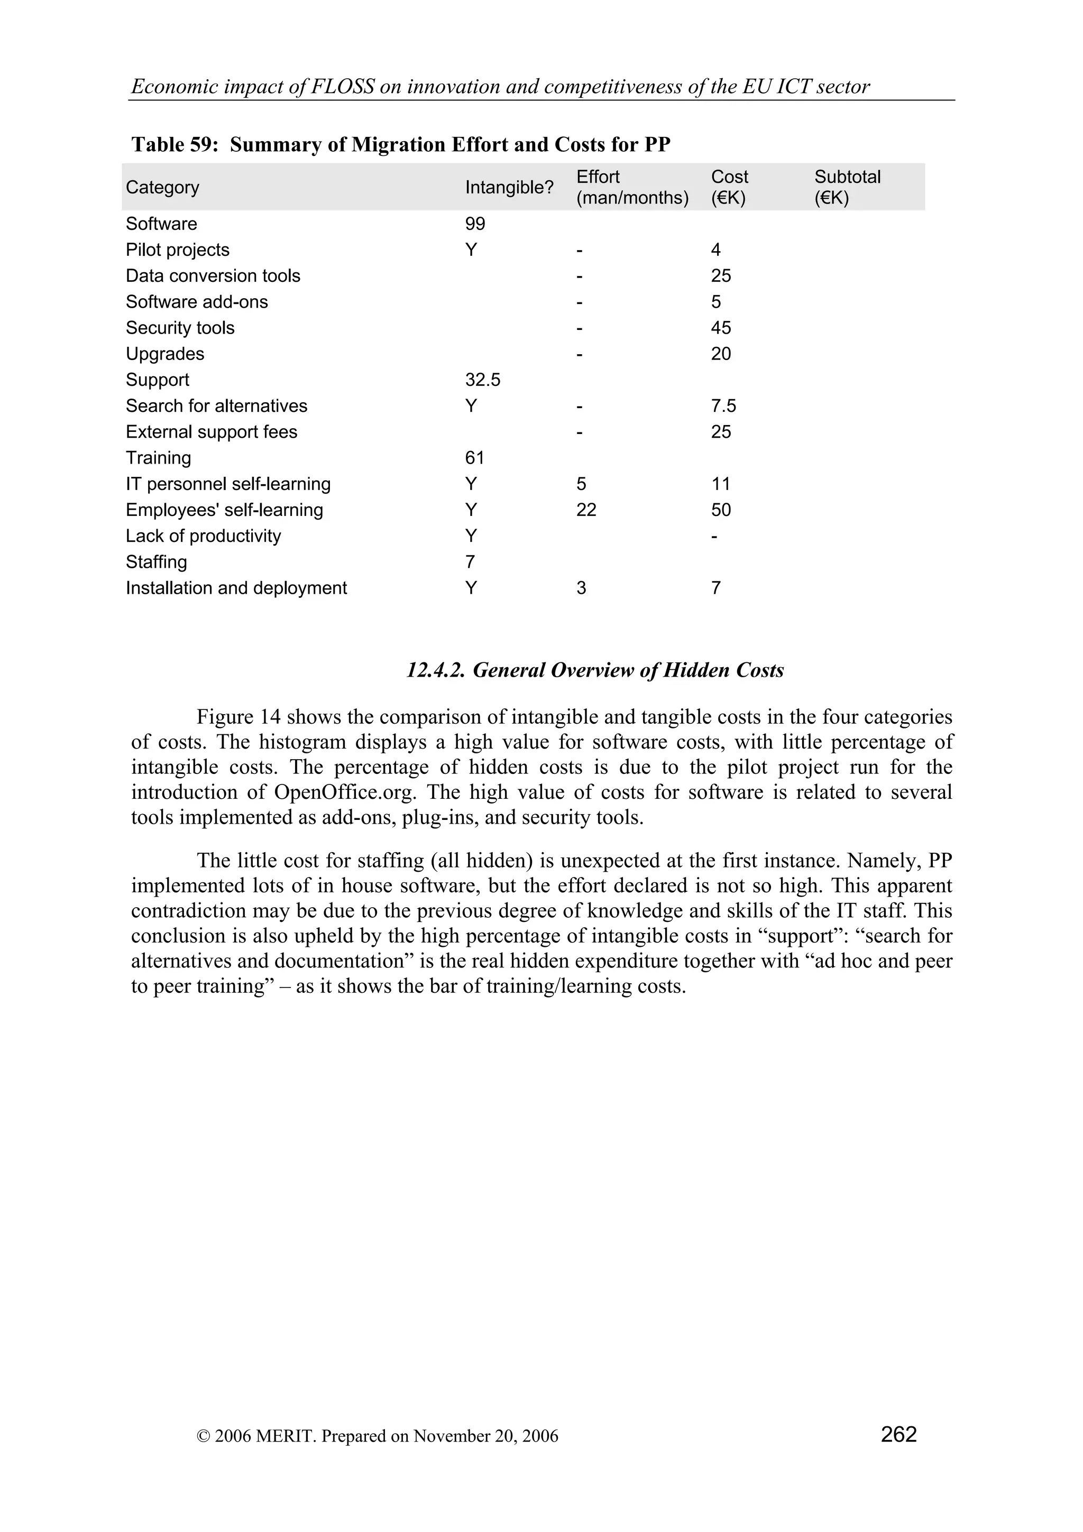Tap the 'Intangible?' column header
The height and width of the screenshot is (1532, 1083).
coord(509,188)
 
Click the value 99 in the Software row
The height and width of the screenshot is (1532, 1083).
coord(475,224)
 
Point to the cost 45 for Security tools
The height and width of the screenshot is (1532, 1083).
coord(721,328)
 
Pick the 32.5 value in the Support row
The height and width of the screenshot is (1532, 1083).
coord(482,380)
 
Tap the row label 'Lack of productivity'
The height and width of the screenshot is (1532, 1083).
coord(204,536)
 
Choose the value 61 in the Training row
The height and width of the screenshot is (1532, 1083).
coord(474,458)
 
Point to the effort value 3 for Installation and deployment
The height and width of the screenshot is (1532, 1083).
coord(581,588)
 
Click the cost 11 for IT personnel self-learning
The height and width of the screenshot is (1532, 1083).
coord(721,484)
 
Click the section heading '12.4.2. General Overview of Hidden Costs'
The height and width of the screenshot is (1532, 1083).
coord(595,670)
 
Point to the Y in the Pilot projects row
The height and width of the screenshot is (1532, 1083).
coord(471,250)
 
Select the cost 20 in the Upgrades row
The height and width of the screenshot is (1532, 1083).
coord(721,354)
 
